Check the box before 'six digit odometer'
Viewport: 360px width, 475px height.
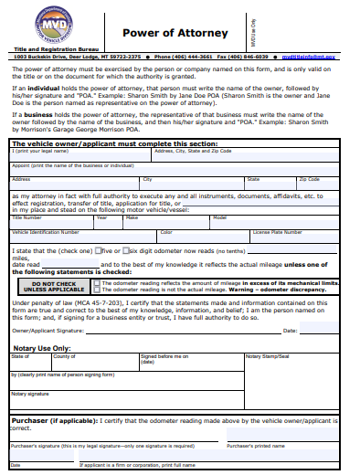(123, 250)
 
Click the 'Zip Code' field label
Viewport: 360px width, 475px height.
(309, 179)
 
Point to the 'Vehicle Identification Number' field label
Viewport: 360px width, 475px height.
(45, 232)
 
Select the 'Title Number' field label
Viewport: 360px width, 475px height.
(26, 217)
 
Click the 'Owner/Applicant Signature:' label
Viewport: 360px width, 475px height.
(49, 330)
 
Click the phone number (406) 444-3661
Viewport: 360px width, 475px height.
(200, 57)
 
